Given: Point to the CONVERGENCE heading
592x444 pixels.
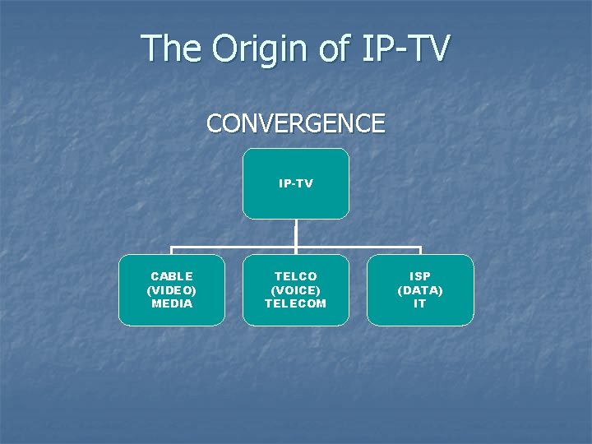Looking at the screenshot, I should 295,123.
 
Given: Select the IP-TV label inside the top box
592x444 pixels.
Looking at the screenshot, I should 296,183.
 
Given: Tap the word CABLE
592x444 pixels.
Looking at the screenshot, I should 172,276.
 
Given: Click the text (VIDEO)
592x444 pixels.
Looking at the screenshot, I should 172,290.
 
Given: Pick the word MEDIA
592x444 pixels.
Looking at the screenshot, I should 172,303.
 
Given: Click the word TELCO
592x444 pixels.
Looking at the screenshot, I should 295,276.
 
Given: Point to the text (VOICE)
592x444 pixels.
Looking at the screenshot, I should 295,290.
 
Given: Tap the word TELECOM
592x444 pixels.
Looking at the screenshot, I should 295,303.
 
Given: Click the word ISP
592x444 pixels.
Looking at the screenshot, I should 420,276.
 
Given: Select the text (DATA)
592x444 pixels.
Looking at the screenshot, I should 420,290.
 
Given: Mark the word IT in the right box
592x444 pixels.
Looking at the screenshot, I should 420,303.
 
